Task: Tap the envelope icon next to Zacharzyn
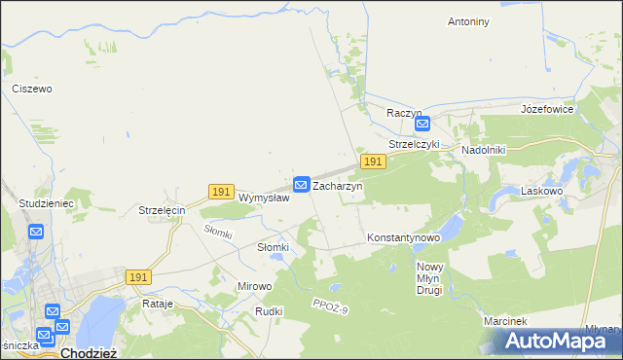tap(302, 184)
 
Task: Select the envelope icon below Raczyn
tap(422, 125)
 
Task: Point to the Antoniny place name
tap(468, 21)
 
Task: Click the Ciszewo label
tap(31, 89)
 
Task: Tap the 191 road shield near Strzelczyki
tap(371, 161)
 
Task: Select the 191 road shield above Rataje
tap(138, 277)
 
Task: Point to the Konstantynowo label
tap(404, 237)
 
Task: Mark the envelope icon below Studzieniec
tap(36, 232)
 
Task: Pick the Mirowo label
tap(255, 286)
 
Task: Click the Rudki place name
tap(269, 311)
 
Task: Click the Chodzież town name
tap(89, 353)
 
